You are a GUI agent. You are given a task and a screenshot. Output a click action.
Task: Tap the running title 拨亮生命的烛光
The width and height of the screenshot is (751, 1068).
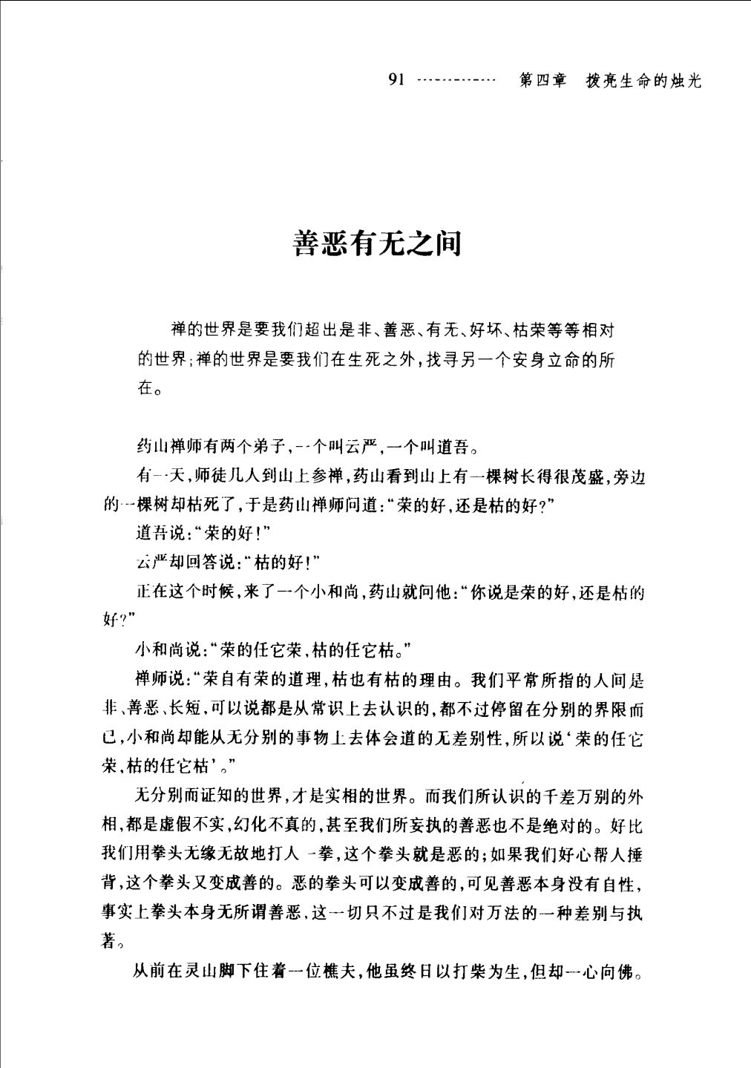click(643, 81)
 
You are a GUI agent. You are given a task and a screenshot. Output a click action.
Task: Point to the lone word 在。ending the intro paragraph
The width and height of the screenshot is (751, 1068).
click(146, 387)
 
